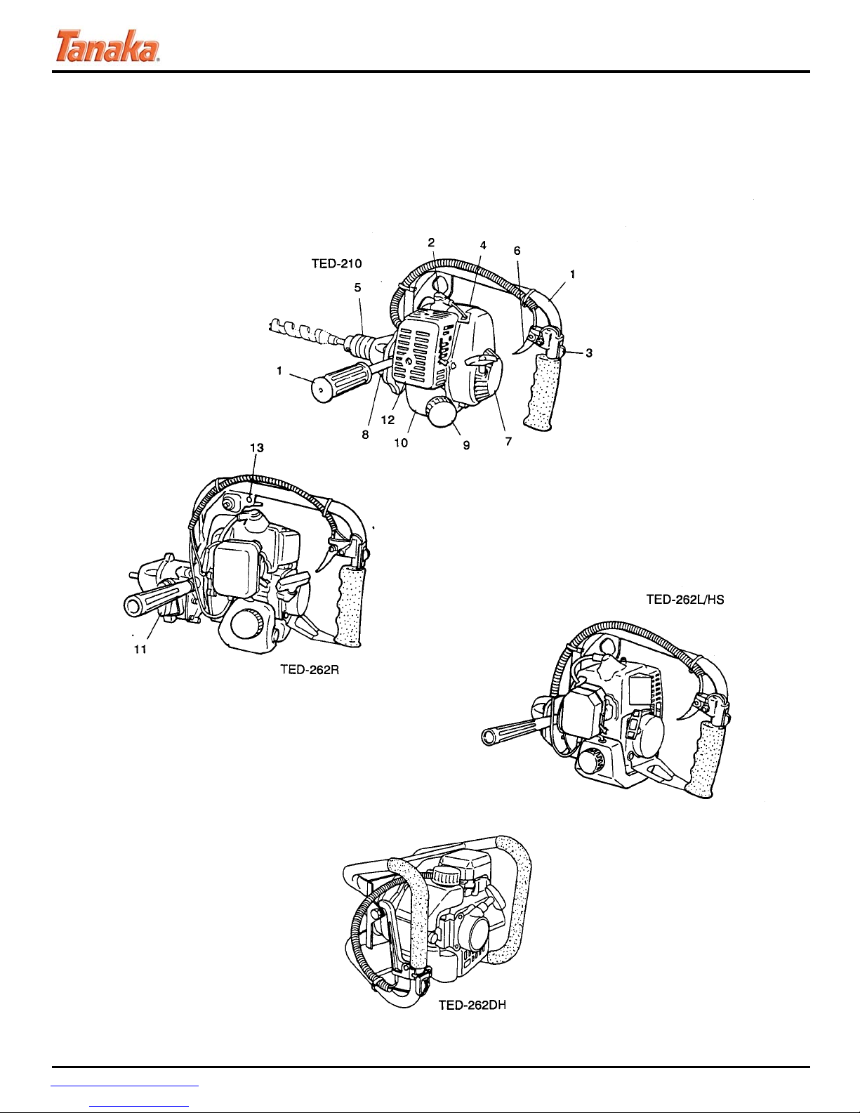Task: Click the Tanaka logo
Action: [107, 46]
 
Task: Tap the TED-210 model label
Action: [336, 264]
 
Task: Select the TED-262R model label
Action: [310, 669]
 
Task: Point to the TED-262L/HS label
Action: [685, 599]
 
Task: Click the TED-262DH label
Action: [472, 1006]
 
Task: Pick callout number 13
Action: [256, 448]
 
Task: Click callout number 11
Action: [140, 650]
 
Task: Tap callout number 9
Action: [466, 446]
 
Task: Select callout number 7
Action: [508, 441]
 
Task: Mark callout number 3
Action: [589, 353]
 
